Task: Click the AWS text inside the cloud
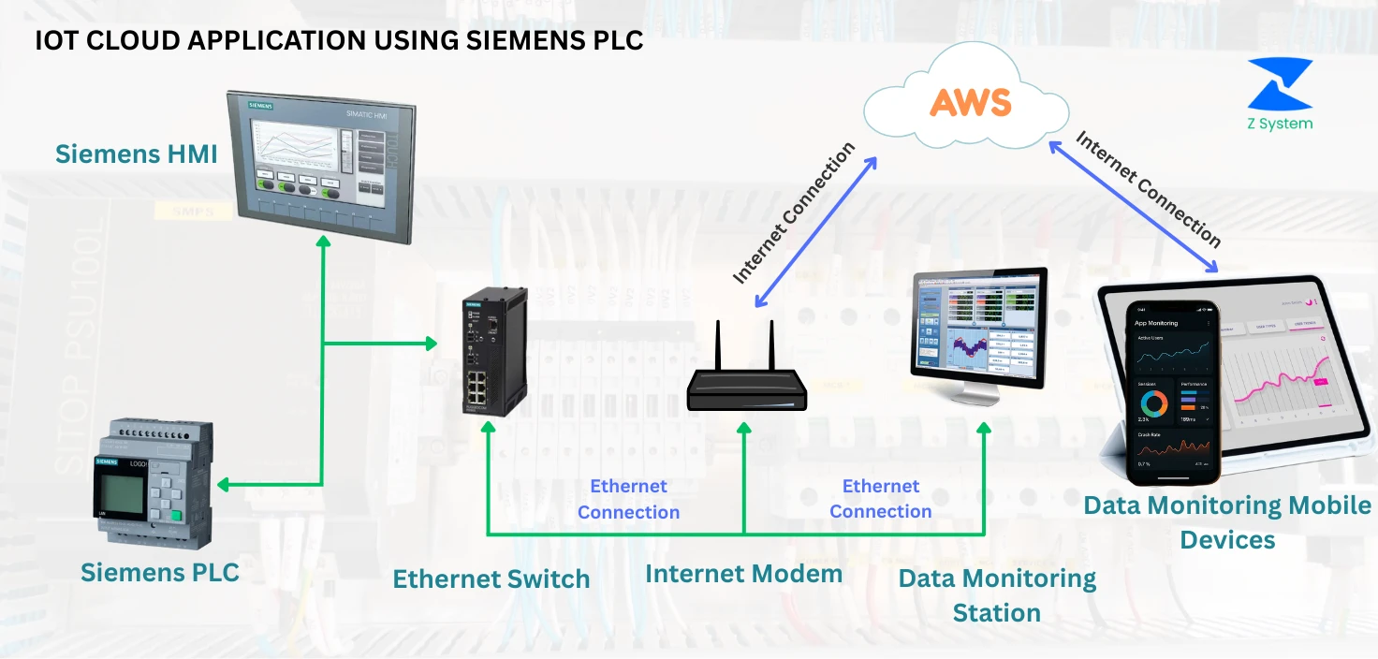(x=971, y=101)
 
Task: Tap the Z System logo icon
(x=1280, y=85)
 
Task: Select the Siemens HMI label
(x=136, y=154)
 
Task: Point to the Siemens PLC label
(x=160, y=572)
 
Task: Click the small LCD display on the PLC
(x=119, y=491)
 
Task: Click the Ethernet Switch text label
(x=491, y=578)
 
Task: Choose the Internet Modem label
(x=743, y=573)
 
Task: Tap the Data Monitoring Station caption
(x=997, y=595)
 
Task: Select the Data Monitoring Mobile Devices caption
(x=1226, y=522)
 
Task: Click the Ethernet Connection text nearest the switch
(x=628, y=499)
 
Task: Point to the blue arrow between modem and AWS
(x=816, y=231)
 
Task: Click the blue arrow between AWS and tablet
(x=1133, y=207)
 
